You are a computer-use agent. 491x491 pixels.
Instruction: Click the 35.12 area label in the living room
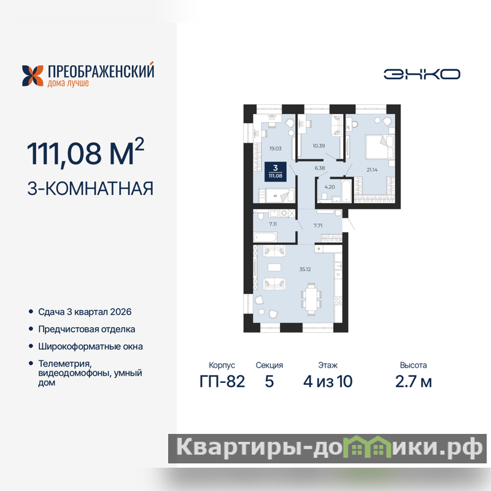[304, 269]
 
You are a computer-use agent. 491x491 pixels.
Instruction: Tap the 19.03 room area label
[275, 149]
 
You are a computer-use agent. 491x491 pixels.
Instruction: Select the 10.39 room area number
[319, 145]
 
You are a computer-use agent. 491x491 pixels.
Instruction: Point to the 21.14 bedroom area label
[372, 170]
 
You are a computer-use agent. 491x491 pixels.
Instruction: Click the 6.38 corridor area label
[320, 168]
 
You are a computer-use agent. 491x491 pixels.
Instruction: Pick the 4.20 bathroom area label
[330, 187]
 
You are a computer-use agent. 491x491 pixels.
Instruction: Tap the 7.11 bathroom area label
[273, 224]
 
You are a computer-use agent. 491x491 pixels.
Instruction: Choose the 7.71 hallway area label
[318, 225]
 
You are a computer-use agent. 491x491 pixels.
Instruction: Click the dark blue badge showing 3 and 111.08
[276, 172]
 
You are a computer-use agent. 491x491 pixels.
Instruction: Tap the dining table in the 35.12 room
[311, 299]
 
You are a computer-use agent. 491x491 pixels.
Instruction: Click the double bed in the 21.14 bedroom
[379, 147]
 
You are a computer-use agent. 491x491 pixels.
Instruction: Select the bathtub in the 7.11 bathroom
[265, 237]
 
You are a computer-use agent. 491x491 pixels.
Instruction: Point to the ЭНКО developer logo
[422, 74]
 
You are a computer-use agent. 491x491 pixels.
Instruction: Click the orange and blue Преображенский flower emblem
[33, 75]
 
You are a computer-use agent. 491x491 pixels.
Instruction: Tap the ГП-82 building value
[222, 381]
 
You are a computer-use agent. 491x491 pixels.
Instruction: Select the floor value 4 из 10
[328, 381]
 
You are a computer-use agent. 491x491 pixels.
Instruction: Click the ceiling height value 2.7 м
[413, 381]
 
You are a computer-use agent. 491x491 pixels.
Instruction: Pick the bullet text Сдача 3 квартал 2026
[85, 312]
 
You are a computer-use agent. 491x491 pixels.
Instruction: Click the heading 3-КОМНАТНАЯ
[90, 188]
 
